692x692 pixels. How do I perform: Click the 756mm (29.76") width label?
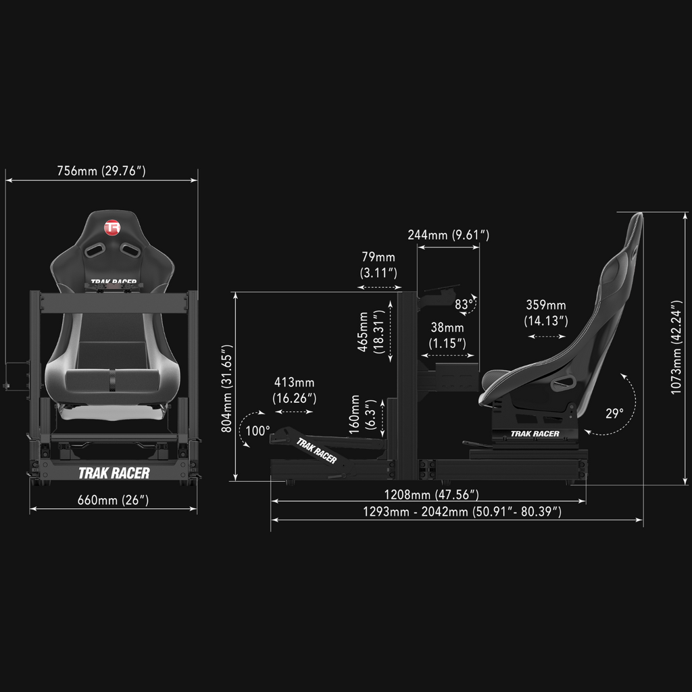pyautogui.click(x=101, y=171)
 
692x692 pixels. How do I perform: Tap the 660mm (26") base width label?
pyautogui.click(x=113, y=500)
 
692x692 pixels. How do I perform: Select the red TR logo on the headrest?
pyautogui.click(x=112, y=228)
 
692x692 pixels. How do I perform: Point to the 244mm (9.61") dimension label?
pyautogui.click(x=449, y=234)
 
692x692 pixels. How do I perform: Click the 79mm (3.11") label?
pyautogui.click(x=378, y=265)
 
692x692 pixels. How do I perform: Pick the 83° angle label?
pyautogui.click(x=464, y=305)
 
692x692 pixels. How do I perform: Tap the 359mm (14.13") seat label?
pyautogui.click(x=546, y=313)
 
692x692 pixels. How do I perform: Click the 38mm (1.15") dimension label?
pyautogui.click(x=447, y=335)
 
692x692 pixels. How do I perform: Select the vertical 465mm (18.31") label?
pyautogui.click(x=371, y=331)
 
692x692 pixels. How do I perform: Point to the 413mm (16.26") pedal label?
pyautogui.click(x=295, y=390)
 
